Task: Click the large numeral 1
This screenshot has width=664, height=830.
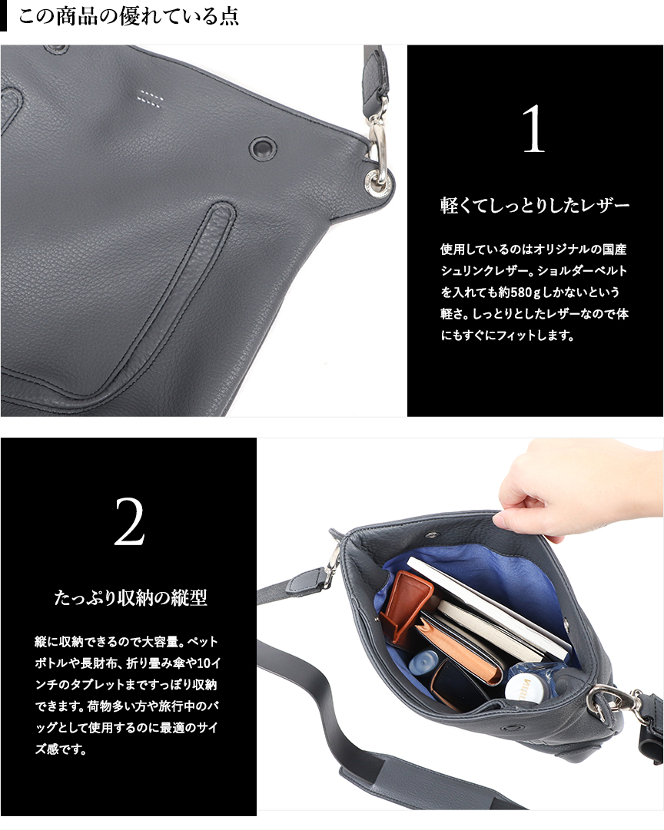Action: tap(533, 131)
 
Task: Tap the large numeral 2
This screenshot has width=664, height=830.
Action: tap(129, 522)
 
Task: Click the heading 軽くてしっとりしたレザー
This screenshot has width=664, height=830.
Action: tap(534, 206)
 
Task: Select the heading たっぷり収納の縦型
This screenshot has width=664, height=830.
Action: tap(131, 597)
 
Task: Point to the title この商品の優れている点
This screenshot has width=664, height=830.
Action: tap(128, 17)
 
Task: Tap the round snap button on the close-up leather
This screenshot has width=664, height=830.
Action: tap(263, 147)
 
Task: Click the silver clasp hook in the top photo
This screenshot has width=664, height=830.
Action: tap(377, 146)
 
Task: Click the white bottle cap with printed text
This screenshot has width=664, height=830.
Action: tap(523, 686)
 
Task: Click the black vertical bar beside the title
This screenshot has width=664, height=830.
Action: tap(3, 17)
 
